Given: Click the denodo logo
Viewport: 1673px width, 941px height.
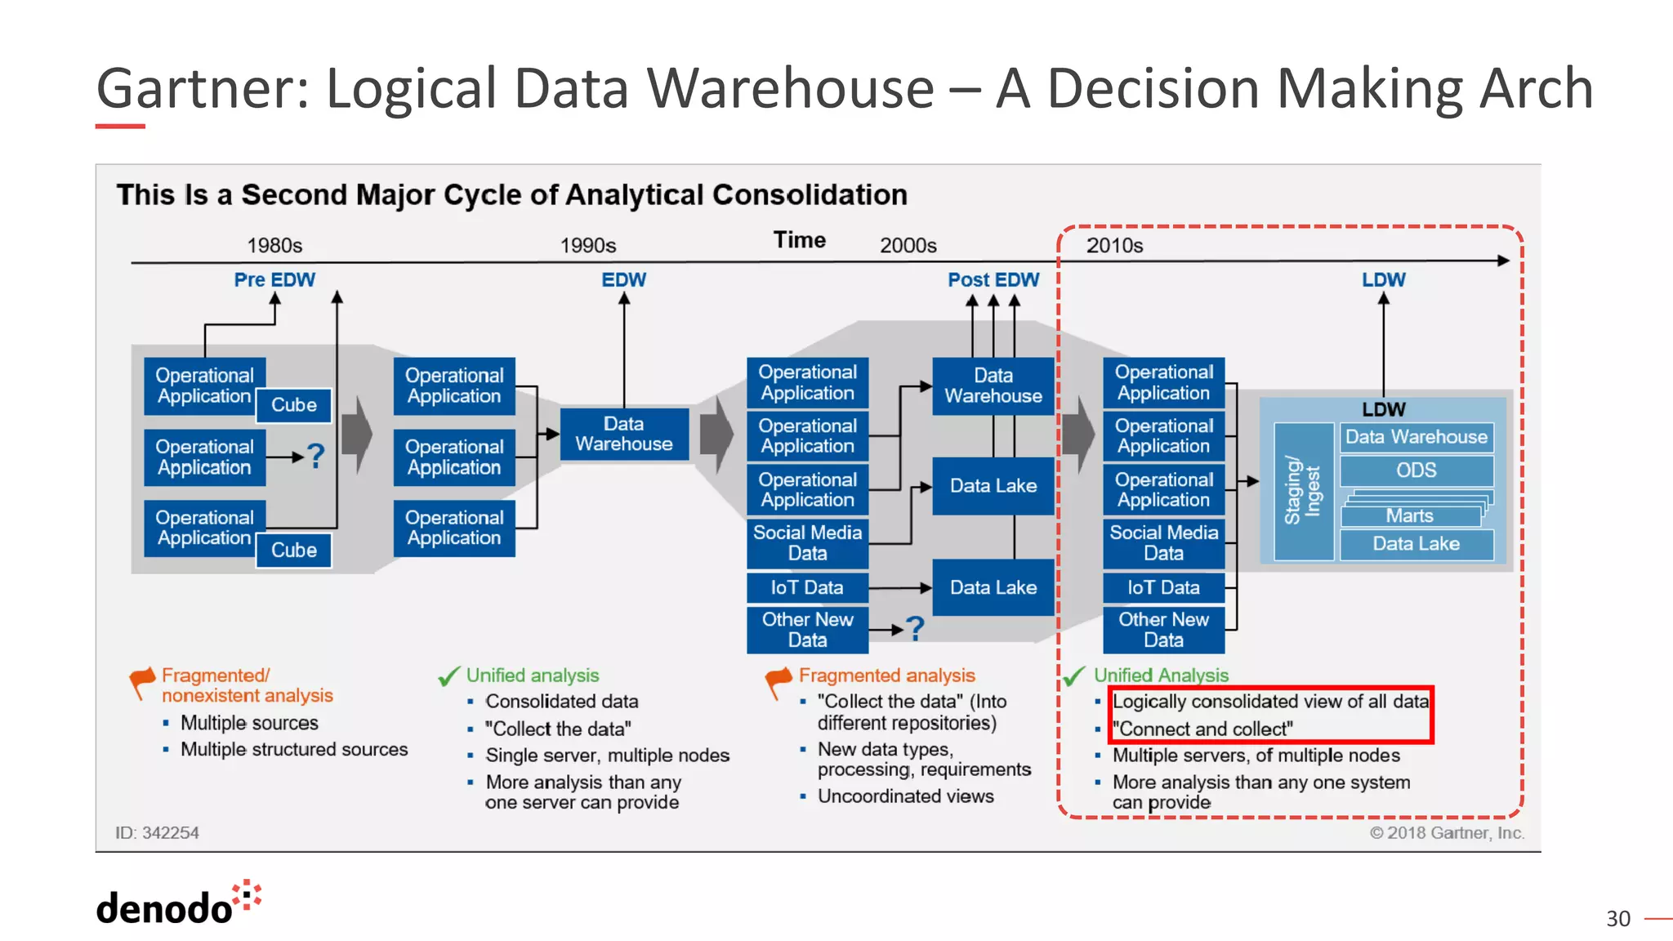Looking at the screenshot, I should [178, 904].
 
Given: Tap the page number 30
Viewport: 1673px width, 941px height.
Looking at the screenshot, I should [1617, 919].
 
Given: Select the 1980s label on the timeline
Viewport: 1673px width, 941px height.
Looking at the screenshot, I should [274, 246].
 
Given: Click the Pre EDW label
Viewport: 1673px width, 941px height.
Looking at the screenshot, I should [274, 280].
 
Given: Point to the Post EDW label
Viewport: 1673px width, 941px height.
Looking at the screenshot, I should [993, 280].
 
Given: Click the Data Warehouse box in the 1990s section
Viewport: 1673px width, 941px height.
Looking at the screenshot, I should [624, 434].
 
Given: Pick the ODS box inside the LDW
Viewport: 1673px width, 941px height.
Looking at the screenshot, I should [1416, 470].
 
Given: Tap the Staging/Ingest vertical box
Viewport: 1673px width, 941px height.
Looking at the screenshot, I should [1303, 491].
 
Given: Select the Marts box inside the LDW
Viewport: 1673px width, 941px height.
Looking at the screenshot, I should [1409, 516].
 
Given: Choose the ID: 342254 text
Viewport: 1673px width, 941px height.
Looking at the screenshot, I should [157, 833].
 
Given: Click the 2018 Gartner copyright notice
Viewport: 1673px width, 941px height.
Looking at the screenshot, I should [1446, 833].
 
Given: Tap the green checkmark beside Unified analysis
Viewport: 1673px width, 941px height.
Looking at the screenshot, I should [449, 676].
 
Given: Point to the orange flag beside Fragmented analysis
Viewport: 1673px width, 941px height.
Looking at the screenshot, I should [779, 680].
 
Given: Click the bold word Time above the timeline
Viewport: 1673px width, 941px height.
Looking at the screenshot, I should [799, 240].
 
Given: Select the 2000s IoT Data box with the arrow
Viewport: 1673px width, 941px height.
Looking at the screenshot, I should [806, 587].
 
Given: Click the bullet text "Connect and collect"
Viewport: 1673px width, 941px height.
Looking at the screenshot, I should [1202, 729].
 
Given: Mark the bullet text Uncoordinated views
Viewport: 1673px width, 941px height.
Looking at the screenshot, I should [905, 796].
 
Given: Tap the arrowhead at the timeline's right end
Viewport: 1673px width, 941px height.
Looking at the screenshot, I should [1503, 261].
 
